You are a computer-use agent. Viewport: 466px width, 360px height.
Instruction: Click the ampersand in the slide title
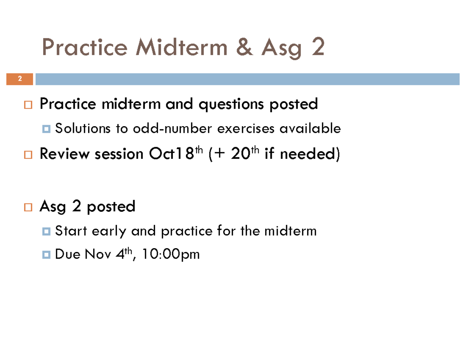[244, 48]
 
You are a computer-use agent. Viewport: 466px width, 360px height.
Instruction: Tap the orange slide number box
[19, 79]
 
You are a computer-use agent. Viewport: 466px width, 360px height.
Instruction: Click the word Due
[67, 255]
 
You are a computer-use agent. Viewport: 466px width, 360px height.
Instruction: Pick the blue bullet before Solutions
[47, 129]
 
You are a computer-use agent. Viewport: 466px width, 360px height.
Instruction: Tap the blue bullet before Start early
[47, 232]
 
